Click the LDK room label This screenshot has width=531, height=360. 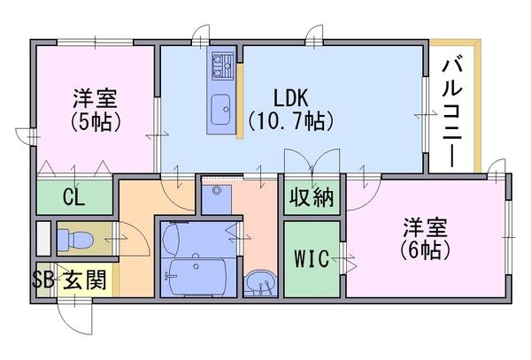coord(290,98)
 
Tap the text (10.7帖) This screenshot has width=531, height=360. coord(290,121)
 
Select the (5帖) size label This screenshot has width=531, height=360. coord(96,121)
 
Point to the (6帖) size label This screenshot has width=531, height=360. coord(425,250)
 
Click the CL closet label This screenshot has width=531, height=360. coord(73,197)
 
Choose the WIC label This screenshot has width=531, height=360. coord(312,258)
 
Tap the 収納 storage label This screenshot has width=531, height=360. coord(312,197)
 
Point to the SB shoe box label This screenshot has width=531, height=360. coord(43,280)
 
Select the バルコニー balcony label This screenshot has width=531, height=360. coord(452,113)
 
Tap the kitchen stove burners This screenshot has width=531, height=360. coord(223,66)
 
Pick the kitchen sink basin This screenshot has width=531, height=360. coord(220,110)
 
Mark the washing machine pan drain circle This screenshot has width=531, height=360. coord(216,190)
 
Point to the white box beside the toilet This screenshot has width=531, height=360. coord(43,239)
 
